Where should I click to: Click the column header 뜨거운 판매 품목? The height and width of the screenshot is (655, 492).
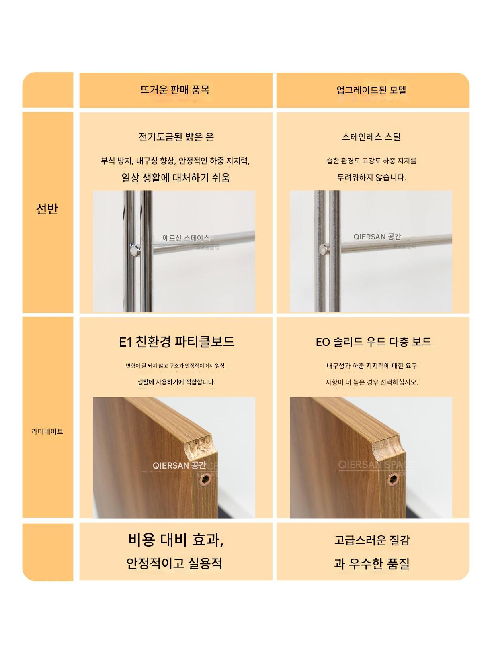pyautogui.click(x=175, y=90)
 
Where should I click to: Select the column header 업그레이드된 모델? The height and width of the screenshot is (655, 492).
pyautogui.click(x=371, y=90)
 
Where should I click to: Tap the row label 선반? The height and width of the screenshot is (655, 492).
pyautogui.click(x=47, y=209)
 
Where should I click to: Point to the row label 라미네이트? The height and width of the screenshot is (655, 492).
pyautogui.click(x=47, y=431)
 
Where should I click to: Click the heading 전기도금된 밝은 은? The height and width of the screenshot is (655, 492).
pyautogui.click(x=176, y=137)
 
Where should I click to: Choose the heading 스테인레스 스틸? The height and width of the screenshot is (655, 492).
pyautogui.click(x=371, y=137)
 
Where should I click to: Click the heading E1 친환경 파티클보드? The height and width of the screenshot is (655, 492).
pyautogui.click(x=177, y=342)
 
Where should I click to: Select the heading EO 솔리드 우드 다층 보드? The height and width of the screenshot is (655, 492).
pyautogui.click(x=373, y=342)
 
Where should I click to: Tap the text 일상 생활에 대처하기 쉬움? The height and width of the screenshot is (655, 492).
pyautogui.click(x=176, y=178)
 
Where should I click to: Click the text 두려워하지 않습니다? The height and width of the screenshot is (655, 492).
pyautogui.click(x=372, y=178)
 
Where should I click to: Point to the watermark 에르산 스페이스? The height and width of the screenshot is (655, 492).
pyautogui.click(x=186, y=238)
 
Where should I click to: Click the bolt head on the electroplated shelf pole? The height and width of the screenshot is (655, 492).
pyautogui.click(x=135, y=250)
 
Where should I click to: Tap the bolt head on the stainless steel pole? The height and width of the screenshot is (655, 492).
pyautogui.click(x=323, y=249)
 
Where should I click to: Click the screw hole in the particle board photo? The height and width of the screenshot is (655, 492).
pyautogui.click(x=205, y=479)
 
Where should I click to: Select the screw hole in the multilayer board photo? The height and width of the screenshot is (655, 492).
pyautogui.click(x=392, y=480)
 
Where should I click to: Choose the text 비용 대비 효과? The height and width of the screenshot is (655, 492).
pyautogui.click(x=176, y=539)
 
